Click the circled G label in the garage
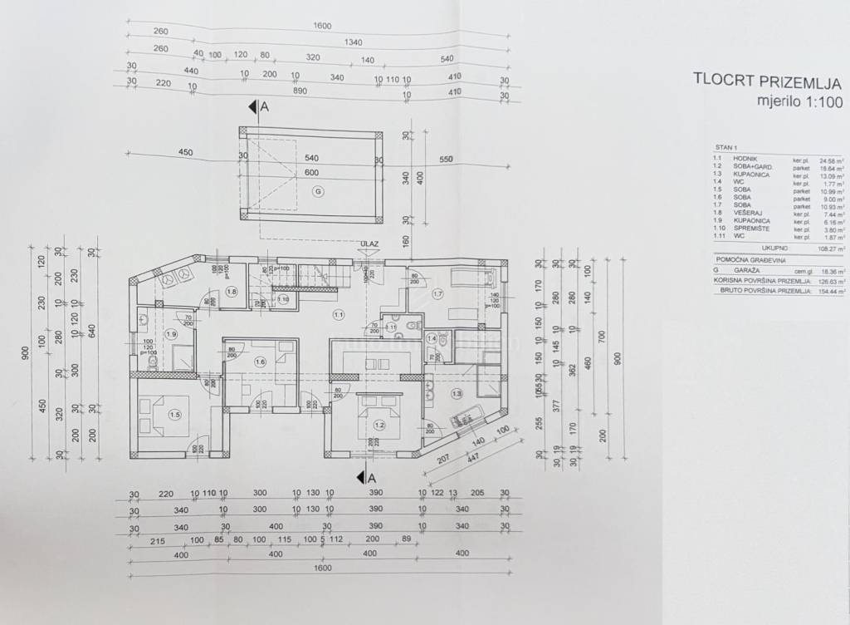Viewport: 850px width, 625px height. (316, 191)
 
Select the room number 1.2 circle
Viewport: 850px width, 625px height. (379, 425)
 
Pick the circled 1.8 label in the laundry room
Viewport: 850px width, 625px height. (232, 292)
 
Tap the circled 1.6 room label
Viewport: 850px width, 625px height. (260, 361)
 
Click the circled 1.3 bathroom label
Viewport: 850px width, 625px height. (456, 393)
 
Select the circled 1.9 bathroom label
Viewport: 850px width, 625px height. (172, 333)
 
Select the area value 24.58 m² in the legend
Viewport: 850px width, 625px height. (830, 157)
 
